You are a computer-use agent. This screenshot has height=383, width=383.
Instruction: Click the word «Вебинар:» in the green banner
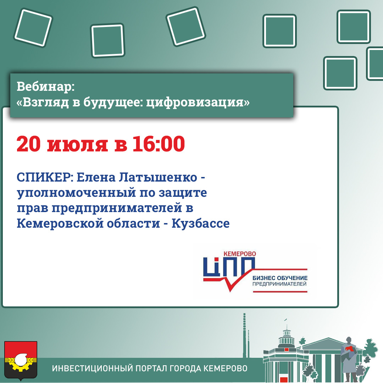45,87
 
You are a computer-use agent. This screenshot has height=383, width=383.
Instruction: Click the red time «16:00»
159,144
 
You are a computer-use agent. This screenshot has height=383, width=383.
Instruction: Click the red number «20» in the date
28,144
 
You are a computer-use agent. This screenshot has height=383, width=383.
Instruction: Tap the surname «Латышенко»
158,177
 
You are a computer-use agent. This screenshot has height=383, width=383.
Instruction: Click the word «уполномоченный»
76,193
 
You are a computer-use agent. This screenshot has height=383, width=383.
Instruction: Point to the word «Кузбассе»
200,223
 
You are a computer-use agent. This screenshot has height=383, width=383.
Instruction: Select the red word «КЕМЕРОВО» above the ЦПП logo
240,254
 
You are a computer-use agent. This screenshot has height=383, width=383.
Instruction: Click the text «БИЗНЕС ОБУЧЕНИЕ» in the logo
280,278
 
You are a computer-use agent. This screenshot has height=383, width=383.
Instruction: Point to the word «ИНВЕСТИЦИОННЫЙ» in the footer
92,368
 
